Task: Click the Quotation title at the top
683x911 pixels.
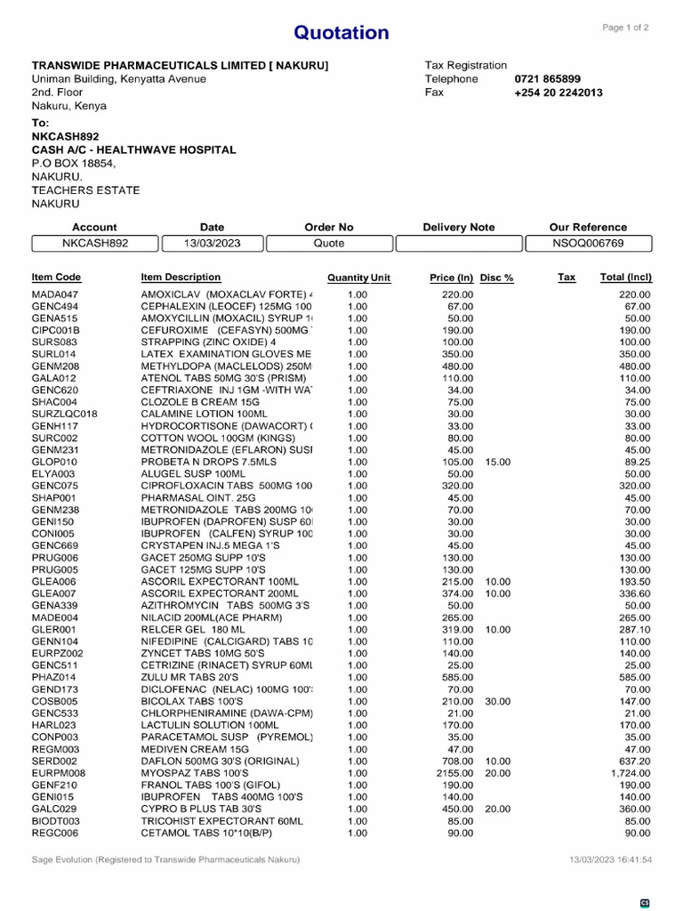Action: (341, 33)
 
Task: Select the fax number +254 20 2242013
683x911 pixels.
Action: (558, 93)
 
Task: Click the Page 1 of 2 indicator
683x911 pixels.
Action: (625, 28)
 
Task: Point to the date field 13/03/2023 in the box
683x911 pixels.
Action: (212, 243)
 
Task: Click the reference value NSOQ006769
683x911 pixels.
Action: (588, 243)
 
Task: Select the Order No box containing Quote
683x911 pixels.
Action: (329, 243)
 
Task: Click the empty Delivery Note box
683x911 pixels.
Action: (458, 243)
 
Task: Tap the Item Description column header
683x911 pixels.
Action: (181, 278)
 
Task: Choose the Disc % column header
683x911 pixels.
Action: (496, 278)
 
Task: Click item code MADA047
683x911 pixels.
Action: (55, 294)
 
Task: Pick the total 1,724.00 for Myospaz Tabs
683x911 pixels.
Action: (629, 774)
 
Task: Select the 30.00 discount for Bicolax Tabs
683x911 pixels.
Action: (498, 702)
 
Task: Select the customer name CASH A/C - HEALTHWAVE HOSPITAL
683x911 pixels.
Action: (134, 150)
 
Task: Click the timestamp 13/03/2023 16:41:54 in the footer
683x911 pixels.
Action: (610, 860)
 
